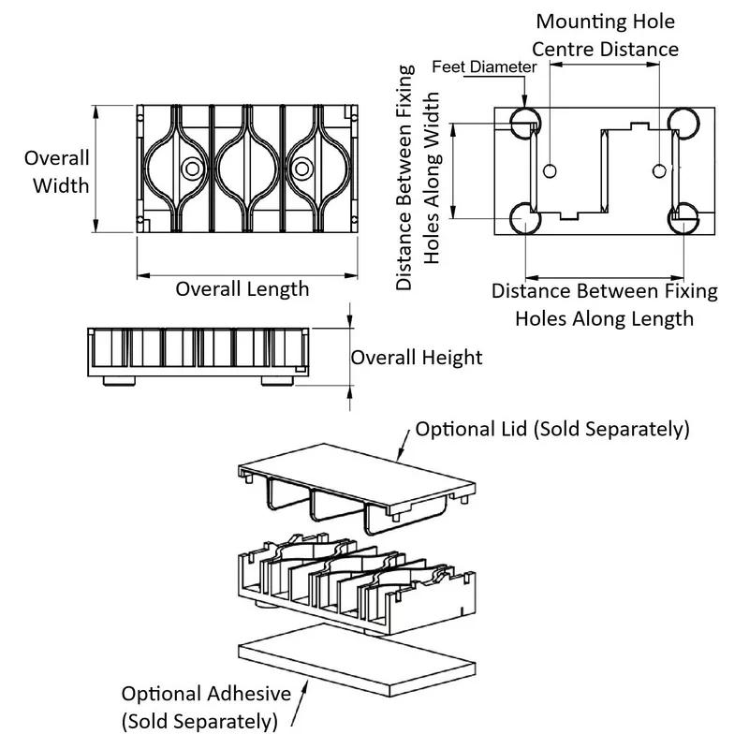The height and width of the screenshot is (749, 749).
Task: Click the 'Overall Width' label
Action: [x=57, y=172]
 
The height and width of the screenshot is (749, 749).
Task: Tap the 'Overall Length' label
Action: [x=242, y=289]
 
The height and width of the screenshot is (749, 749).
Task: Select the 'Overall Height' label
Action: [x=417, y=358]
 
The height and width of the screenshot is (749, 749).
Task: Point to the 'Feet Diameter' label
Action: [x=484, y=66]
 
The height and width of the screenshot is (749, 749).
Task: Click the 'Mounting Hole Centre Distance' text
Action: [x=605, y=36]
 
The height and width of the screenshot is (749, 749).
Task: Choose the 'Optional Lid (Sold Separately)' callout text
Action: [x=552, y=429]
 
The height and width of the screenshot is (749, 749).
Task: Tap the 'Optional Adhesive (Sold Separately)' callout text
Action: [x=206, y=708]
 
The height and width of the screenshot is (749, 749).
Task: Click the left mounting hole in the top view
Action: [x=193, y=169]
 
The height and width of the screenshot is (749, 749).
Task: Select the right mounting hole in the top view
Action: [x=301, y=169]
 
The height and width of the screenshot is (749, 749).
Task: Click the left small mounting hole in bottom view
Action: [x=550, y=171]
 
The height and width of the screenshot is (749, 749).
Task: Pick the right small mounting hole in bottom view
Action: [x=659, y=171]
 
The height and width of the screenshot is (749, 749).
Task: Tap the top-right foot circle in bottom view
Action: [x=683, y=124]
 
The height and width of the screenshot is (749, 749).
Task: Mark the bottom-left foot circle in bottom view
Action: [x=525, y=219]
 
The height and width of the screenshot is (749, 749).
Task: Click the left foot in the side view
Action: [x=119, y=381]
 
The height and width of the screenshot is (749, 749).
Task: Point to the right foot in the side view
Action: [x=277, y=381]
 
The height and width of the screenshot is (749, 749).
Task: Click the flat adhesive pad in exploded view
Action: [x=357, y=660]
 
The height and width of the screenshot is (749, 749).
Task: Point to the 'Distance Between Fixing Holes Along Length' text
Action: [x=604, y=305]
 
